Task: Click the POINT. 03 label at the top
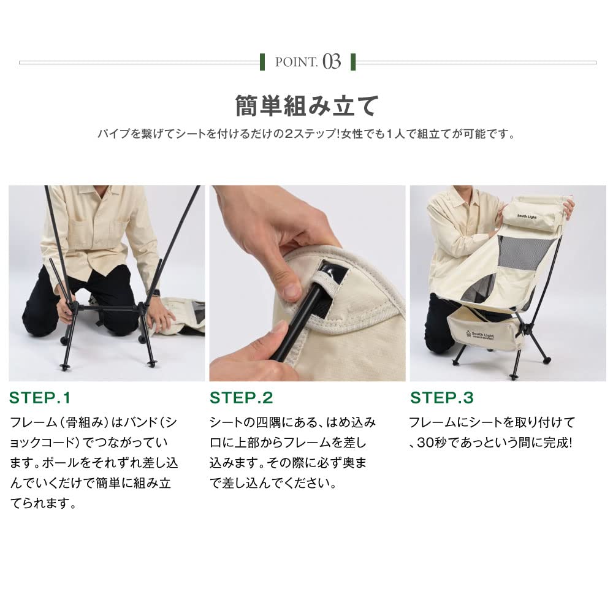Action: click(x=308, y=62)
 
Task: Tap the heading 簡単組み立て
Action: click(x=307, y=106)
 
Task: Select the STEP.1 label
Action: click(x=40, y=398)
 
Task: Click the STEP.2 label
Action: click(x=241, y=398)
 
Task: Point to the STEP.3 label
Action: click(x=442, y=398)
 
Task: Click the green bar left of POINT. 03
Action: click(x=262, y=62)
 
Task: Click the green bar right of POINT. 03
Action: click(x=354, y=62)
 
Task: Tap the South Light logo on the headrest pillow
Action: click(x=527, y=216)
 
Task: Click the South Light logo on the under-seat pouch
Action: click(x=480, y=335)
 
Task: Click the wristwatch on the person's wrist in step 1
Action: click(x=156, y=293)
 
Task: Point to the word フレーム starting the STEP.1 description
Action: click(x=33, y=422)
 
